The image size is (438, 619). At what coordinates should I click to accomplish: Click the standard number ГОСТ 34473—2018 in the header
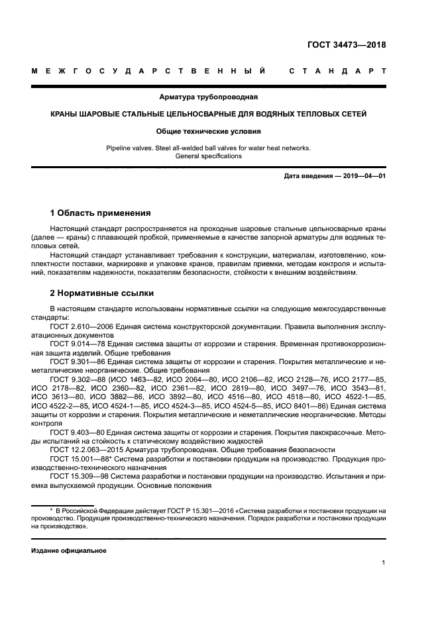click(x=347, y=46)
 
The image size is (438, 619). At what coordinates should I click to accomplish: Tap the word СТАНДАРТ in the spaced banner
click(x=338, y=70)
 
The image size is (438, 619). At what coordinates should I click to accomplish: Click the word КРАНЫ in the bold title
click(x=68, y=114)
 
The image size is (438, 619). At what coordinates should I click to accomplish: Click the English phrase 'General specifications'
click(x=209, y=156)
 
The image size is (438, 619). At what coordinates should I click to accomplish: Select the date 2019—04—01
click(x=362, y=176)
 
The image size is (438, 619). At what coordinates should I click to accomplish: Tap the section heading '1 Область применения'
click(x=101, y=213)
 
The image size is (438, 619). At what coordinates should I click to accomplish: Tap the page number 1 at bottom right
click(x=384, y=562)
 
